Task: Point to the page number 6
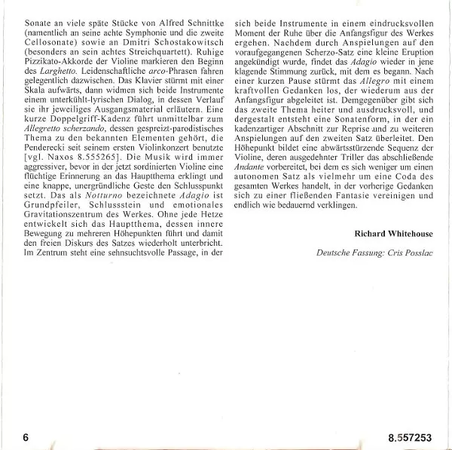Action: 26,436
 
